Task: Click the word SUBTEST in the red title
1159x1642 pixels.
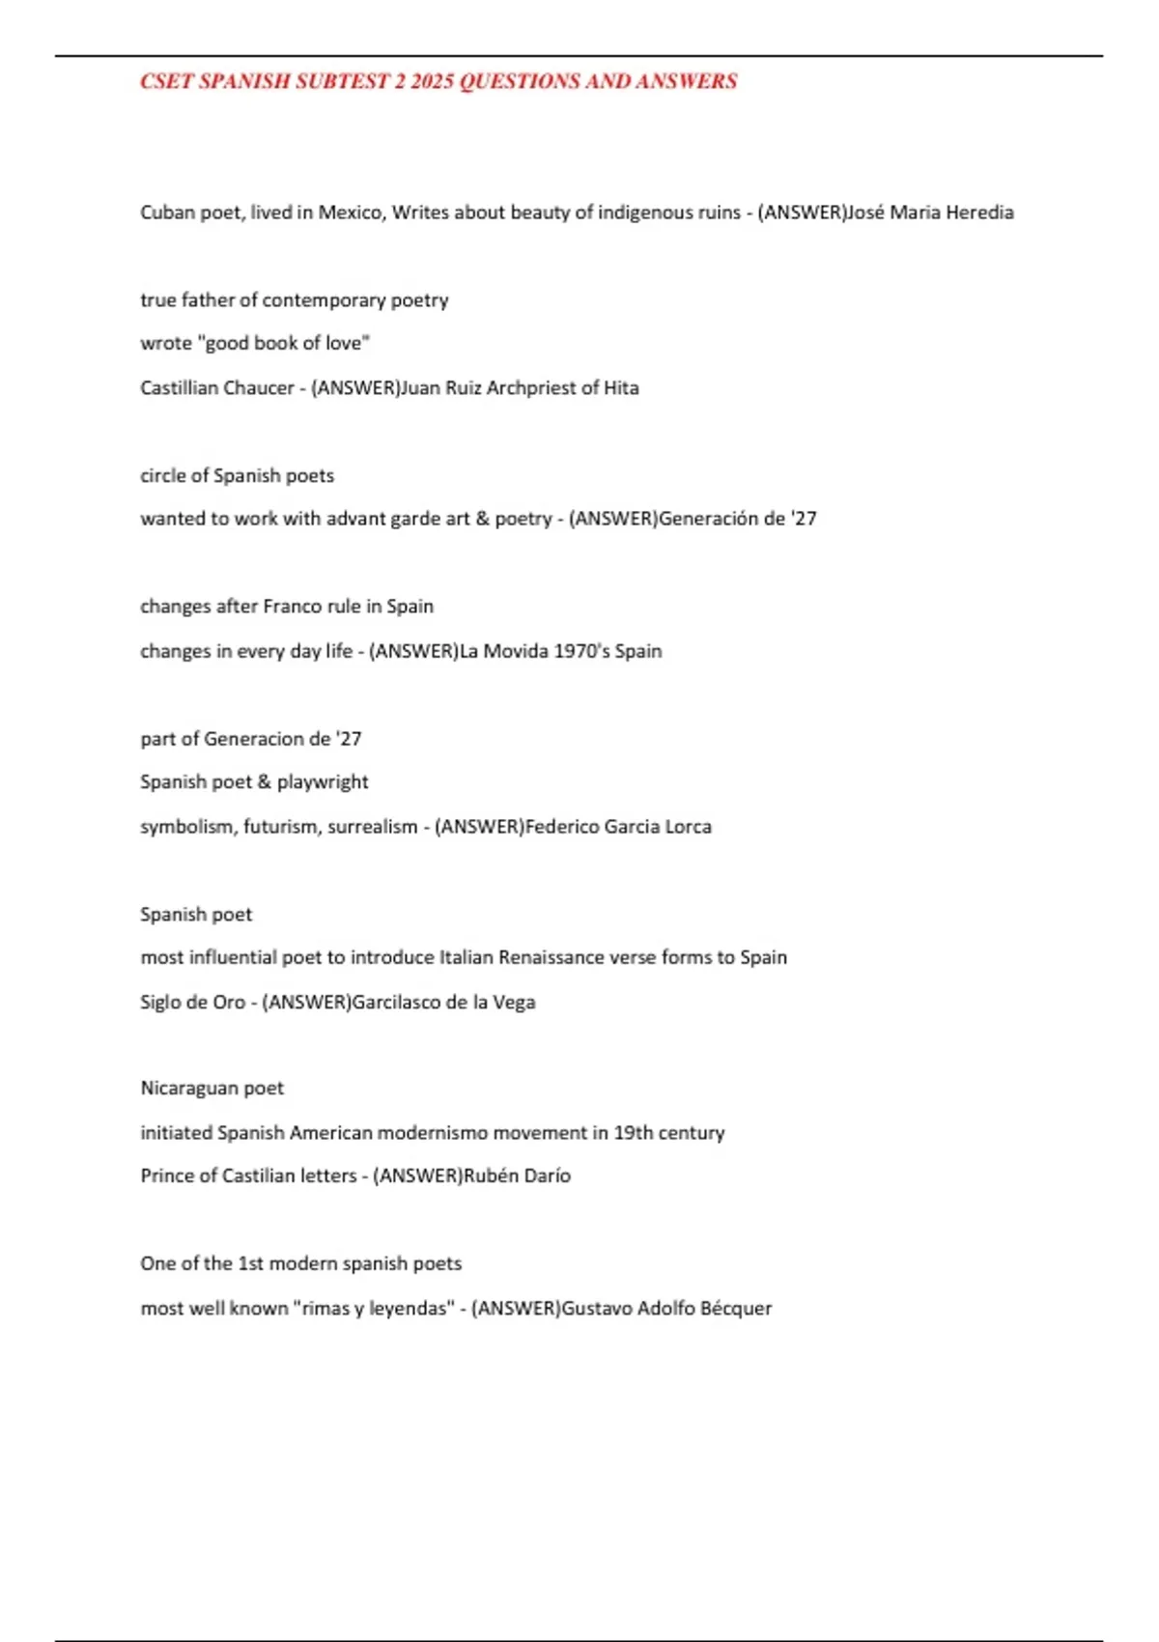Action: pos(341,82)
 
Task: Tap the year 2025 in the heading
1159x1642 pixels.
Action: pos(432,82)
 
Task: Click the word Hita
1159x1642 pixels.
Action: pos(621,388)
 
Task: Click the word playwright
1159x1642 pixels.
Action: pos(323,782)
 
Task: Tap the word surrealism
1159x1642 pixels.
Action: pos(372,827)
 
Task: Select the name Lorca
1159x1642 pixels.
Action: pos(688,827)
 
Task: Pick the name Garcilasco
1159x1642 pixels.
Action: pos(399,1003)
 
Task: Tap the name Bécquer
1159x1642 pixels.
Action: pos(736,1309)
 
